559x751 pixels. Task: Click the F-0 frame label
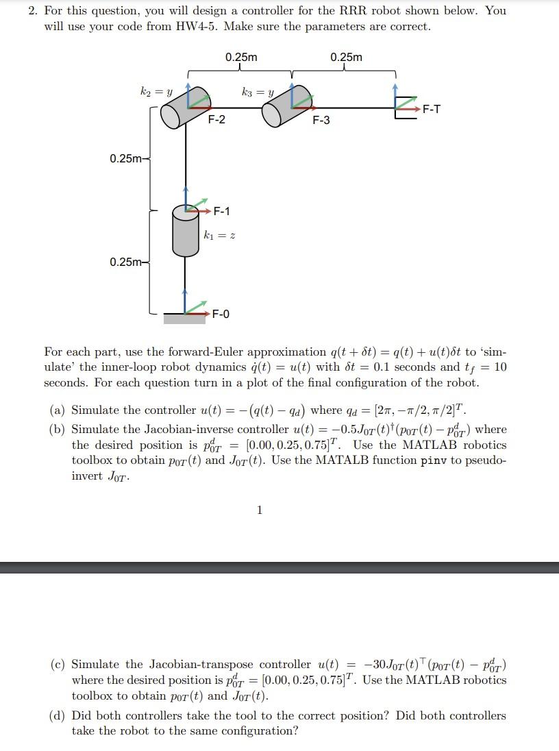pos(221,315)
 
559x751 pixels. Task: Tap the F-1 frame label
pos(222,211)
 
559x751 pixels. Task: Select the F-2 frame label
pos(216,120)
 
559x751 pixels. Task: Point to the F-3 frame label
pos(321,121)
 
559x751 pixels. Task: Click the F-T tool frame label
pos(432,109)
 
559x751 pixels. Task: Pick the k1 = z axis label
pos(219,235)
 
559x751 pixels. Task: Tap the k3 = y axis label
pos(258,90)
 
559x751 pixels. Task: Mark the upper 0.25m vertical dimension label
pos(127,159)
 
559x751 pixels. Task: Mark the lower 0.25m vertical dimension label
pos(127,262)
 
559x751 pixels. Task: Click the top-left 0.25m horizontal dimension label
pos(241,58)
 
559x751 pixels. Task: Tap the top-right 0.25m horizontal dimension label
pos(346,58)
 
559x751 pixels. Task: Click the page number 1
pos(259,509)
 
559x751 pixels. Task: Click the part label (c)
pos(58,665)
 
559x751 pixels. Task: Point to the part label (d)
pos(58,716)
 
